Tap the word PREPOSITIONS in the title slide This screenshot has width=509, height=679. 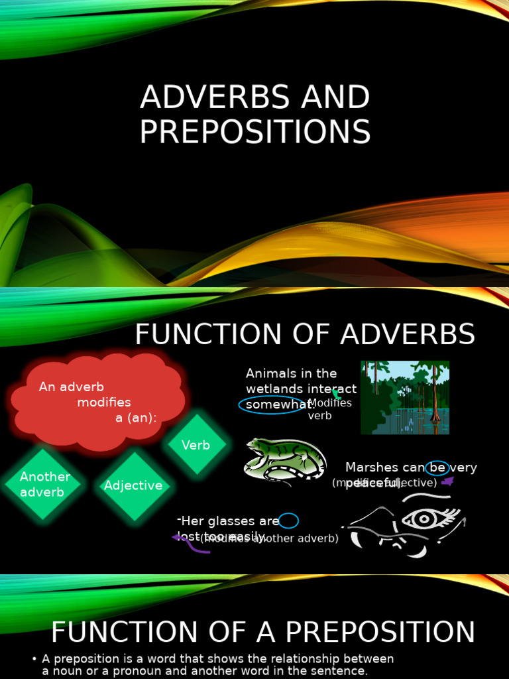click(x=255, y=131)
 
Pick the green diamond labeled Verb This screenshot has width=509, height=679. click(x=196, y=445)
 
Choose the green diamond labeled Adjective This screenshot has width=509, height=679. click(x=133, y=485)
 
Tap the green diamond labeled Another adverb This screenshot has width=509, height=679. click(x=44, y=484)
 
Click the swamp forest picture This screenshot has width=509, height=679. click(x=405, y=397)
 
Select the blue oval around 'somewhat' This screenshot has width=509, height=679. click(x=270, y=404)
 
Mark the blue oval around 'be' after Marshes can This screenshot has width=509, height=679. click(x=437, y=467)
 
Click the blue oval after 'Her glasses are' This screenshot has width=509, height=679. click(x=289, y=521)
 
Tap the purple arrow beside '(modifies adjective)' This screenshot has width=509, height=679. click(x=448, y=481)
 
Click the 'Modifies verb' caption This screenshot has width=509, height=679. click(x=329, y=409)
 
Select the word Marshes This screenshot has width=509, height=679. click(x=372, y=467)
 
